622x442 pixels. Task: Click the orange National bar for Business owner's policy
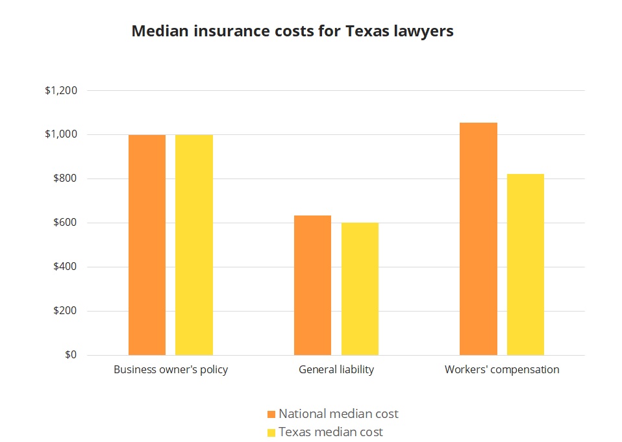tap(147, 245)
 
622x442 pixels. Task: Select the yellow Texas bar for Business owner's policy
tap(194, 245)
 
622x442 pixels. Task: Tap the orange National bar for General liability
tap(312, 285)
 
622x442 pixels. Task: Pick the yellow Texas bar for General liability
tap(360, 289)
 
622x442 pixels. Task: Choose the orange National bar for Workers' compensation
tap(479, 239)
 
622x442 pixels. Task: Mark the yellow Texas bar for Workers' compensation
tap(525, 264)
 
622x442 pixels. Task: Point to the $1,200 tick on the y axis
tap(61, 91)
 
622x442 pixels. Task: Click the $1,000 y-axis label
tap(61, 135)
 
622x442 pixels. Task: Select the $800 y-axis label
tap(65, 179)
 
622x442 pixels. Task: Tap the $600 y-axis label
tap(65, 223)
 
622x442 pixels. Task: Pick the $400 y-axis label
tap(65, 267)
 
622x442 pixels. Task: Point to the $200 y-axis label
tap(65, 311)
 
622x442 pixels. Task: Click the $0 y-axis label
tap(70, 355)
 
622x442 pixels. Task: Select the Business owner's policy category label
tap(171, 370)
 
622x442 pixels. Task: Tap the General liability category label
tap(336, 370)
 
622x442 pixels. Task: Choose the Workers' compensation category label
tap(502, 370)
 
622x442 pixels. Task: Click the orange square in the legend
tap(271, 414)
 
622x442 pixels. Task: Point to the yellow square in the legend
tap(271, 432)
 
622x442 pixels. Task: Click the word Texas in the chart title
tap(371, 31)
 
